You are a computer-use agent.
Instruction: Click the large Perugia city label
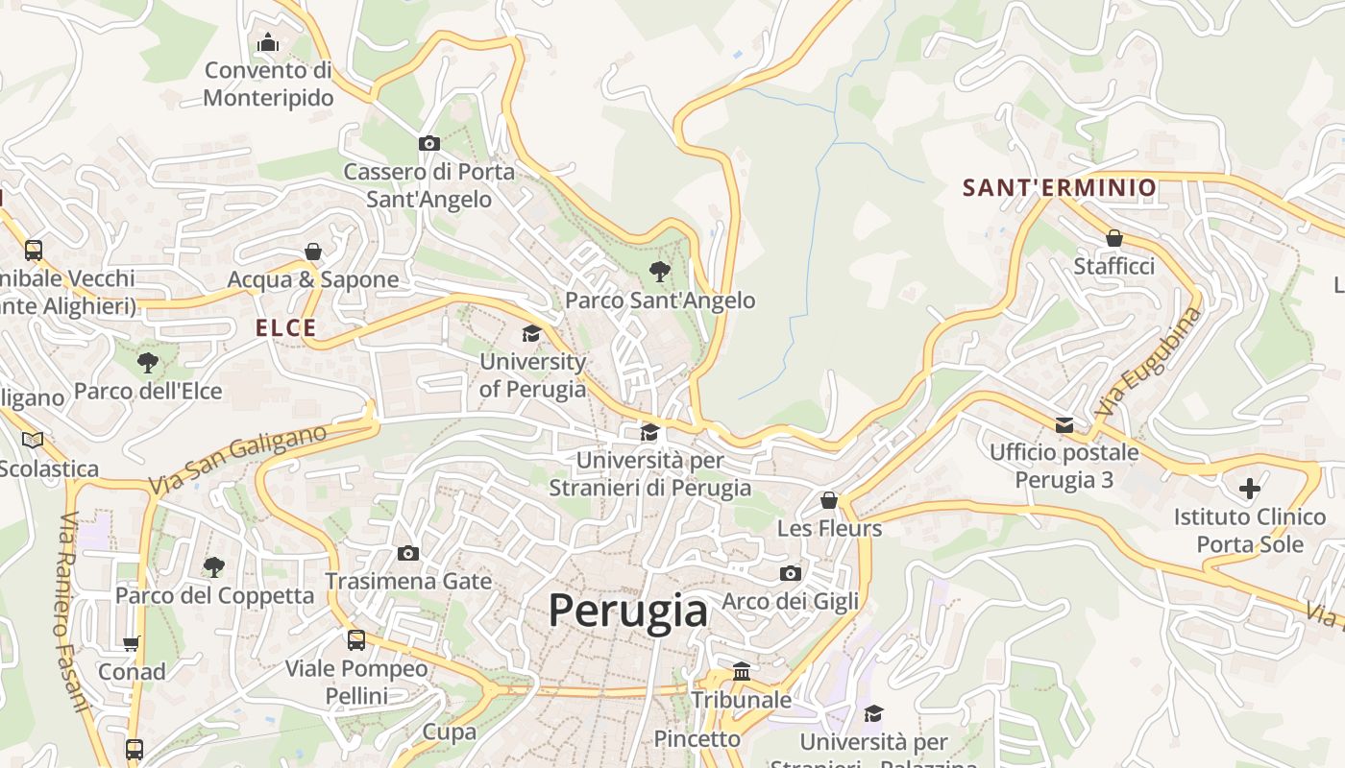(627, 611)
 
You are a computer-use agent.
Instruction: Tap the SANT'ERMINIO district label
(1060, 187)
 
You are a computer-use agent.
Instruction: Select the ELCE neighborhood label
(285, 327)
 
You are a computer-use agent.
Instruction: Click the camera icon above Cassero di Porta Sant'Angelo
(429, 144)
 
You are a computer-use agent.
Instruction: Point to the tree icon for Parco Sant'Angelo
(659, 272)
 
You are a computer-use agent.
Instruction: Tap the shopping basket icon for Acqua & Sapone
(312, 252)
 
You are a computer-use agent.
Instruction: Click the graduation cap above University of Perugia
(531, 333)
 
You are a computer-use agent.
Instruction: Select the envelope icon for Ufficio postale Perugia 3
(1064, 424)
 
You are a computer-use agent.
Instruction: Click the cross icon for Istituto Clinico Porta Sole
(1249, 489)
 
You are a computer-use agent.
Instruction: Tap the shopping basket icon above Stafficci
(1114, 237)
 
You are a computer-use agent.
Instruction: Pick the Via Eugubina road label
(1147, 362)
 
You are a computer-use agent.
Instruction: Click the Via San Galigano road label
(237, 460)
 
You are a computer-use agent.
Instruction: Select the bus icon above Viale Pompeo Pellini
(356, 639)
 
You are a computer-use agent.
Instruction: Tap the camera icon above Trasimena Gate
(408, 553)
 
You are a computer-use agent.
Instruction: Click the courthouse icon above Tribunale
(742, 671)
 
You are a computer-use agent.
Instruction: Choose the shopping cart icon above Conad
(132, 643)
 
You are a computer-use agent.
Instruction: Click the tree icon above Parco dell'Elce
(147, 362)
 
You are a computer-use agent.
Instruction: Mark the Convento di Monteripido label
(268, 84)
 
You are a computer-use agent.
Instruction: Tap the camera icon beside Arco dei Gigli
(791, 573)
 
